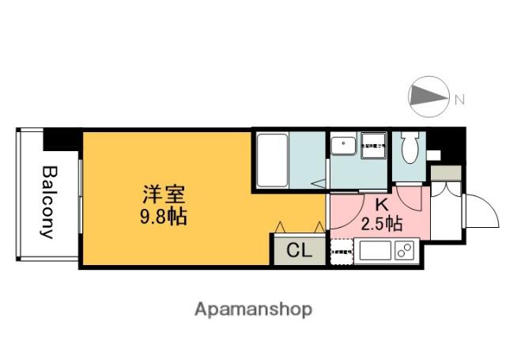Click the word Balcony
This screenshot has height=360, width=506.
tap(48, 203)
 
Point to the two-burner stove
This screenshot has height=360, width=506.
tap(405, 252)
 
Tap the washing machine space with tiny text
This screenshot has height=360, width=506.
tap(373, 146)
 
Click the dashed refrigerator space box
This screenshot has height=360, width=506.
tap(342, 252)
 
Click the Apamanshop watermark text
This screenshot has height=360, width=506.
tap(253, 308)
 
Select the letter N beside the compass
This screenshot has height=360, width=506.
tap(459, 99)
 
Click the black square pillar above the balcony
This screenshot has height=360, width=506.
tap(60, 138)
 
